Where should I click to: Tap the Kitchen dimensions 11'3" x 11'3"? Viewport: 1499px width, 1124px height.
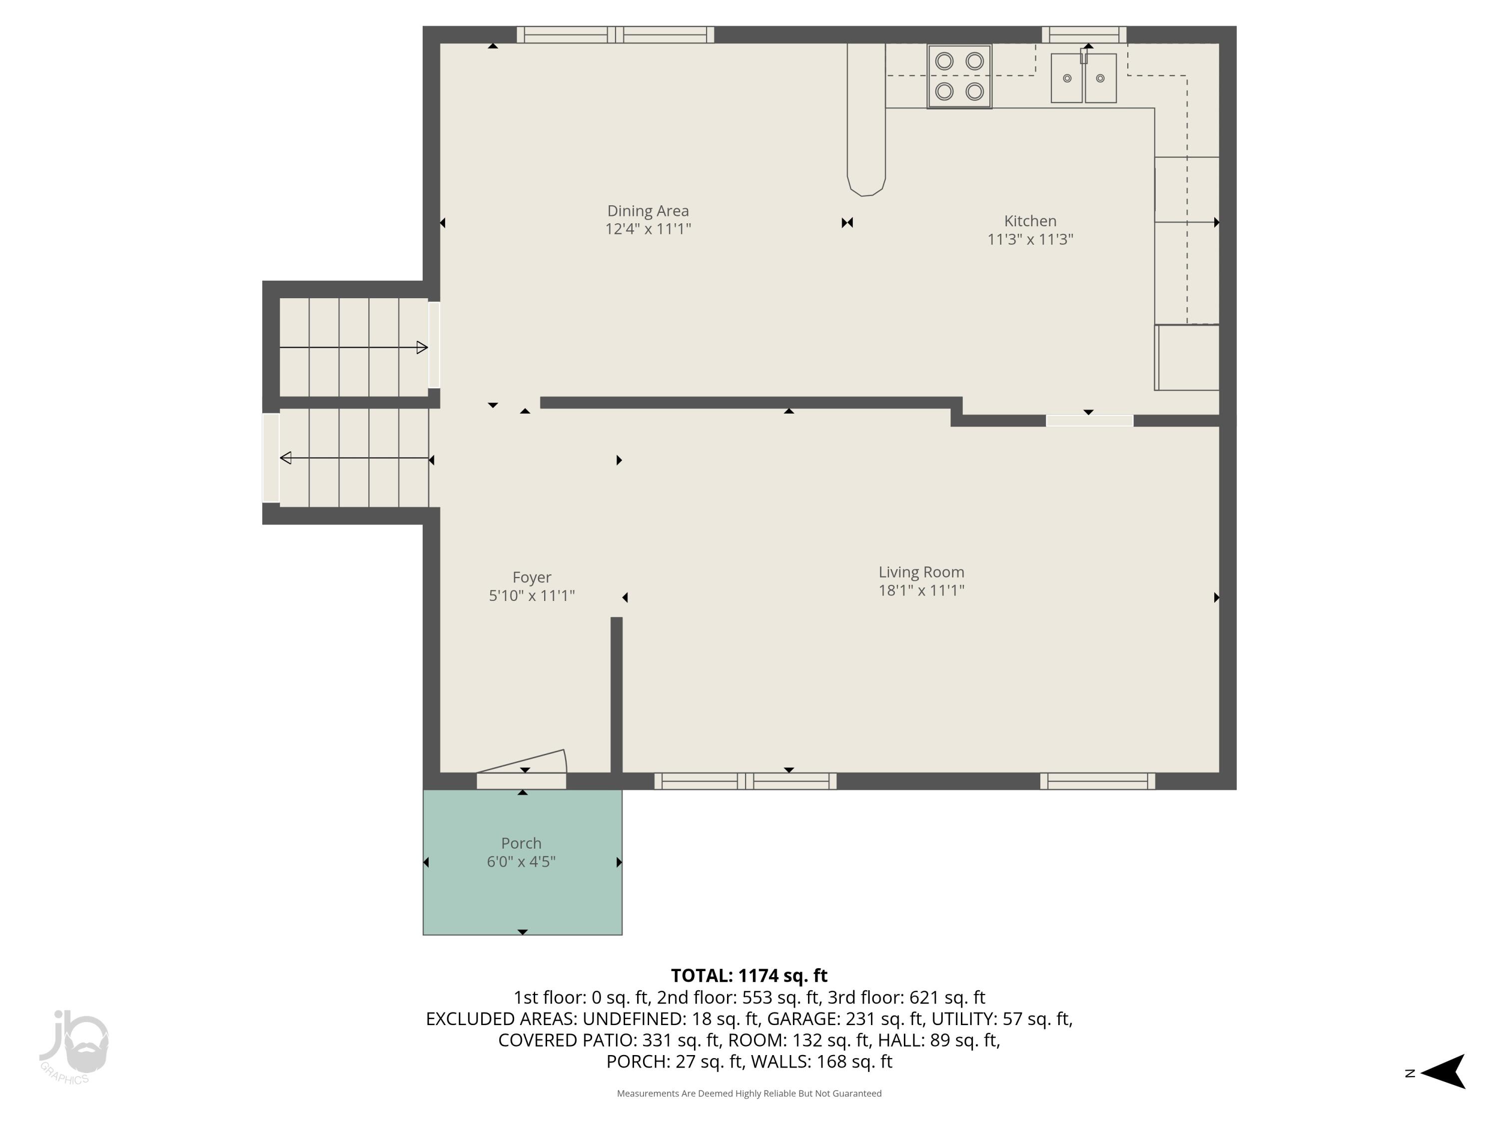pyautogui.click(x=1029, y=239)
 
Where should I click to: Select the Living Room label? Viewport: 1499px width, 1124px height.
pyautogui.click(x=920, y=572)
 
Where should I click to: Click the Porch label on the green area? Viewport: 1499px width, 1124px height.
pyautogui.click(x=521, y=843)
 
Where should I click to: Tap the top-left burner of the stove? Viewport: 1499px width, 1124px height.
pyautogui.click(x=943, y=61)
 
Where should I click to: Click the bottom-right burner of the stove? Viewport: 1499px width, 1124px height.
pyautogui.click(x=974, y=91)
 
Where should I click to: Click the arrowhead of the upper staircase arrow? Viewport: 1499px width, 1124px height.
pyautogui.click(x=422, y=348)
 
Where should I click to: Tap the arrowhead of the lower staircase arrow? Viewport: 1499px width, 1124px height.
pyautogui.click(x=286, y=458)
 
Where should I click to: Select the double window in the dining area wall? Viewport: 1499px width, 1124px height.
pyautogui.click(x=615, y=34)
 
